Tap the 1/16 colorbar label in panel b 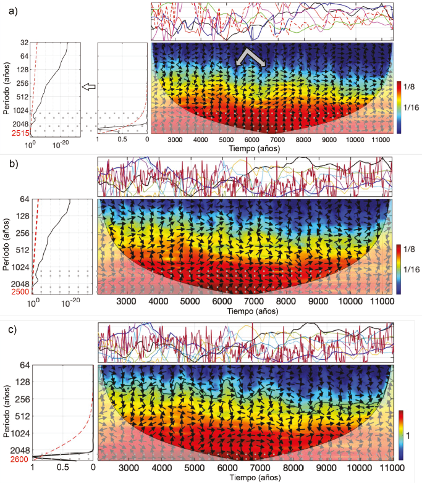pos(413,270)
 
